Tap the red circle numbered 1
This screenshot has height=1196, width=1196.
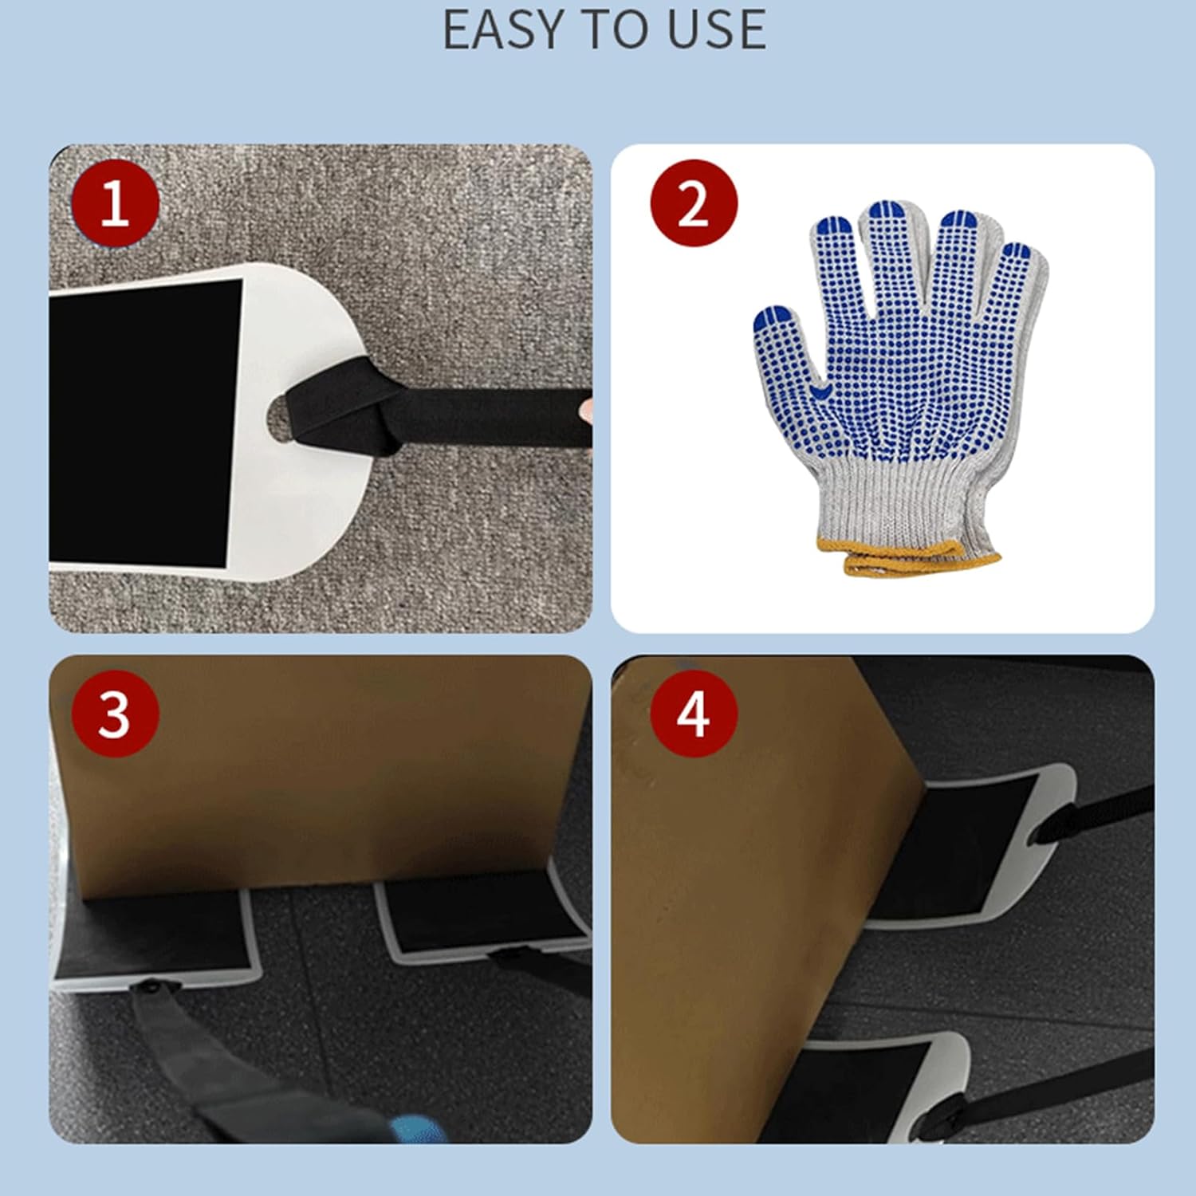pyautogui.click(x=115, y=203)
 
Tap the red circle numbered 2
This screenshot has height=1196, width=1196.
pyautogui.click(x=693, y=203)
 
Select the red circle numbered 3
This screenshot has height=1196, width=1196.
pyautogui.click(x=115, y=714)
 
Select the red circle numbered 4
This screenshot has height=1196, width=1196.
pyautogui.click(x=693, y=714)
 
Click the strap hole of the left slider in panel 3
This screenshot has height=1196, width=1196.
pyautogui.click(x=149, y=988)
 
